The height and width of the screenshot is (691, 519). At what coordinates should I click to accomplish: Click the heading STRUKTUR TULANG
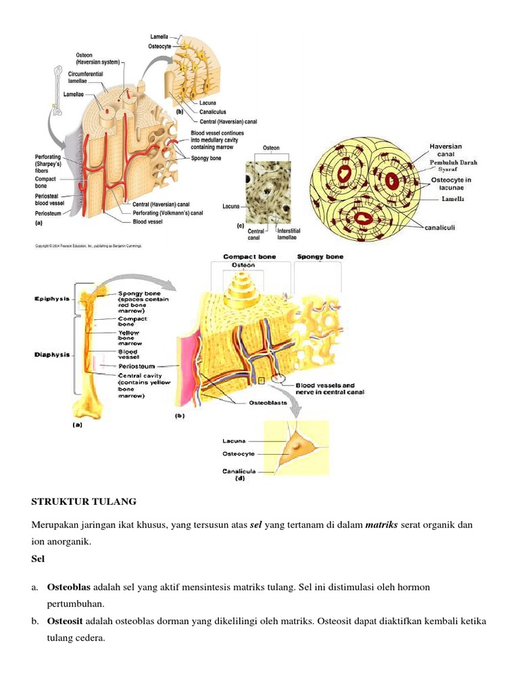point(84,501)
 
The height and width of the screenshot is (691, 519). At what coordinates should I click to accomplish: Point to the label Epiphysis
point(50,298)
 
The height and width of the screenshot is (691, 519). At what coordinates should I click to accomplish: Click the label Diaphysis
point(51,354)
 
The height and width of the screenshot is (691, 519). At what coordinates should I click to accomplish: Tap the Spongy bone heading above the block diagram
point(320,257)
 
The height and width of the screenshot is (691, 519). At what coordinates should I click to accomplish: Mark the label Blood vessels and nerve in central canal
point(330,389)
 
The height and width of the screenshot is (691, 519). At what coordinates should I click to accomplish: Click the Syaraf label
point(443,169)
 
